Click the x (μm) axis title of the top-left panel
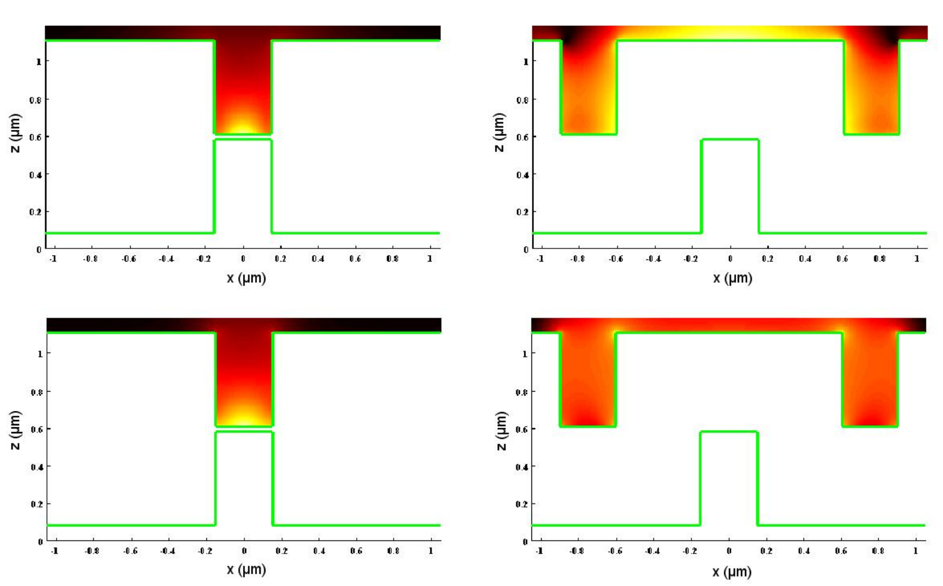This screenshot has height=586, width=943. pyautogui.click(x=246, y=279)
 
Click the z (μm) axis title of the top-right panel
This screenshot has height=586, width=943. pyautogui.click(x=499, y=132)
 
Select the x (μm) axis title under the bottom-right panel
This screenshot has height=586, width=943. pyautogui.click(x=732, y=572)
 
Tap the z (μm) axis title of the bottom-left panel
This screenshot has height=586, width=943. pyautogui.click(x=15, y=430)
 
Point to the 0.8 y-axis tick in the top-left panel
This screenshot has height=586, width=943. pyautogui.click(x=36, y=100)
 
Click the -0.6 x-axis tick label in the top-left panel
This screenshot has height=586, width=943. pyautogui.click(x=128, y=259)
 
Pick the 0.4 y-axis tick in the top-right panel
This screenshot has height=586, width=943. pyautogui.click(x=522, y=174)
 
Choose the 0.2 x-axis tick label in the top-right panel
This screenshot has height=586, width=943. pyautogui.click(x=767, y=259)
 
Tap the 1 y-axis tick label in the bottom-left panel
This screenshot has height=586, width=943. pyautogui.click(x=40, y=354)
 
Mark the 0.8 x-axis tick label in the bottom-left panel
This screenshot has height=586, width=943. pyautogui.click(x=394, y=551)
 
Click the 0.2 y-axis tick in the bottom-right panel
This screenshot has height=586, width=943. pyautogui.click(x=522, y=504)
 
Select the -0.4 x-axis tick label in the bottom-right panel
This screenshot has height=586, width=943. pyautogui.click(x=652, y=551)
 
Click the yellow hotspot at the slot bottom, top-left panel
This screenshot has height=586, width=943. pyautogui.click(x=243, y=126)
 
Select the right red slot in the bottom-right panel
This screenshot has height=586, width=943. pyautogui.click(x=870, y=380)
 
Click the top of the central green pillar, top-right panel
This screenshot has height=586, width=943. pyautogui.click(x=730, y=140)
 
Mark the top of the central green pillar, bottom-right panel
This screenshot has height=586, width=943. pyautogui.click(x=729, y=431)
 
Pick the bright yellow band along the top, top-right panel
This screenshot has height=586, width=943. pyautogui.click(x=730, y=33)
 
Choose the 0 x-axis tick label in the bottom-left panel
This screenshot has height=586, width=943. pyautogui.click(x=244, y=551)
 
